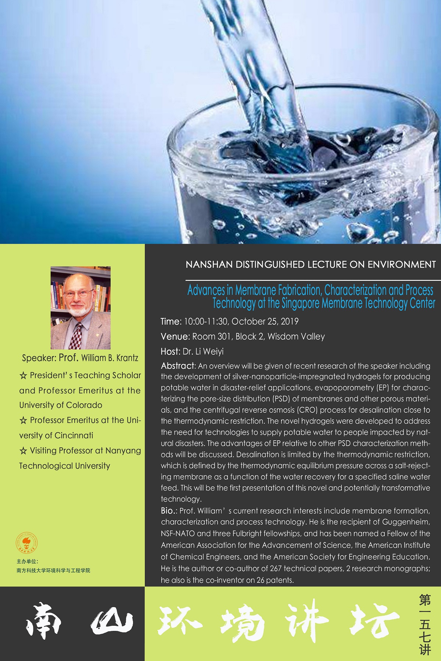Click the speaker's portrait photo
click(x=80, y=308)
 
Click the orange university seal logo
click(x=26, y=543)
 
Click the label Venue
click(x=174, y=336)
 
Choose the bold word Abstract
click(x=178, y=366)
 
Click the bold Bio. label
click(x=169, y=510)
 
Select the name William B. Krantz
click(x=110, y=358)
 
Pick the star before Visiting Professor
click(x=23, y=451)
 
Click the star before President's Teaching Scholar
click(x=23, y=376)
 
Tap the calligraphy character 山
click(x=112, y=623)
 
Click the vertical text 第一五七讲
click(x=425, y=624)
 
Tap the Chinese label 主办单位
click(x=27, y=561)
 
